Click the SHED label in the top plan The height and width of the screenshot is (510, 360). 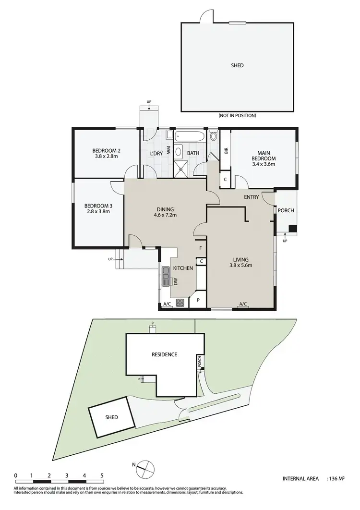tap(238, 65)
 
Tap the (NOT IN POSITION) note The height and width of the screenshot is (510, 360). tap(237, 115)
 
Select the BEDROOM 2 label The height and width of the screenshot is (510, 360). tap(106, 151)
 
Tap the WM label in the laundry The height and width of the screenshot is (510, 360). tap(168, 150)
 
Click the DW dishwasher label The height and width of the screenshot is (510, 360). tap(176, 282)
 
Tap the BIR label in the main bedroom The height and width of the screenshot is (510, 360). tap(226, 150)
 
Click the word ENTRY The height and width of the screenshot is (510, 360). tap(251, 197)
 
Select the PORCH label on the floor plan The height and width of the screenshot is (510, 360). tap(286, 210)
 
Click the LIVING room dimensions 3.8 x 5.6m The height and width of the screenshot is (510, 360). tap(240, 266)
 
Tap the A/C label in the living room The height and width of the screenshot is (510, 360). tap(243, 304)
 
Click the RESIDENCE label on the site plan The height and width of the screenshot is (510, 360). tap(164, 354)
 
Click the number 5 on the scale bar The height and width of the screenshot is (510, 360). tap(102, 476)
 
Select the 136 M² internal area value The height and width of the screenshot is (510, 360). tap(338, 479)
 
